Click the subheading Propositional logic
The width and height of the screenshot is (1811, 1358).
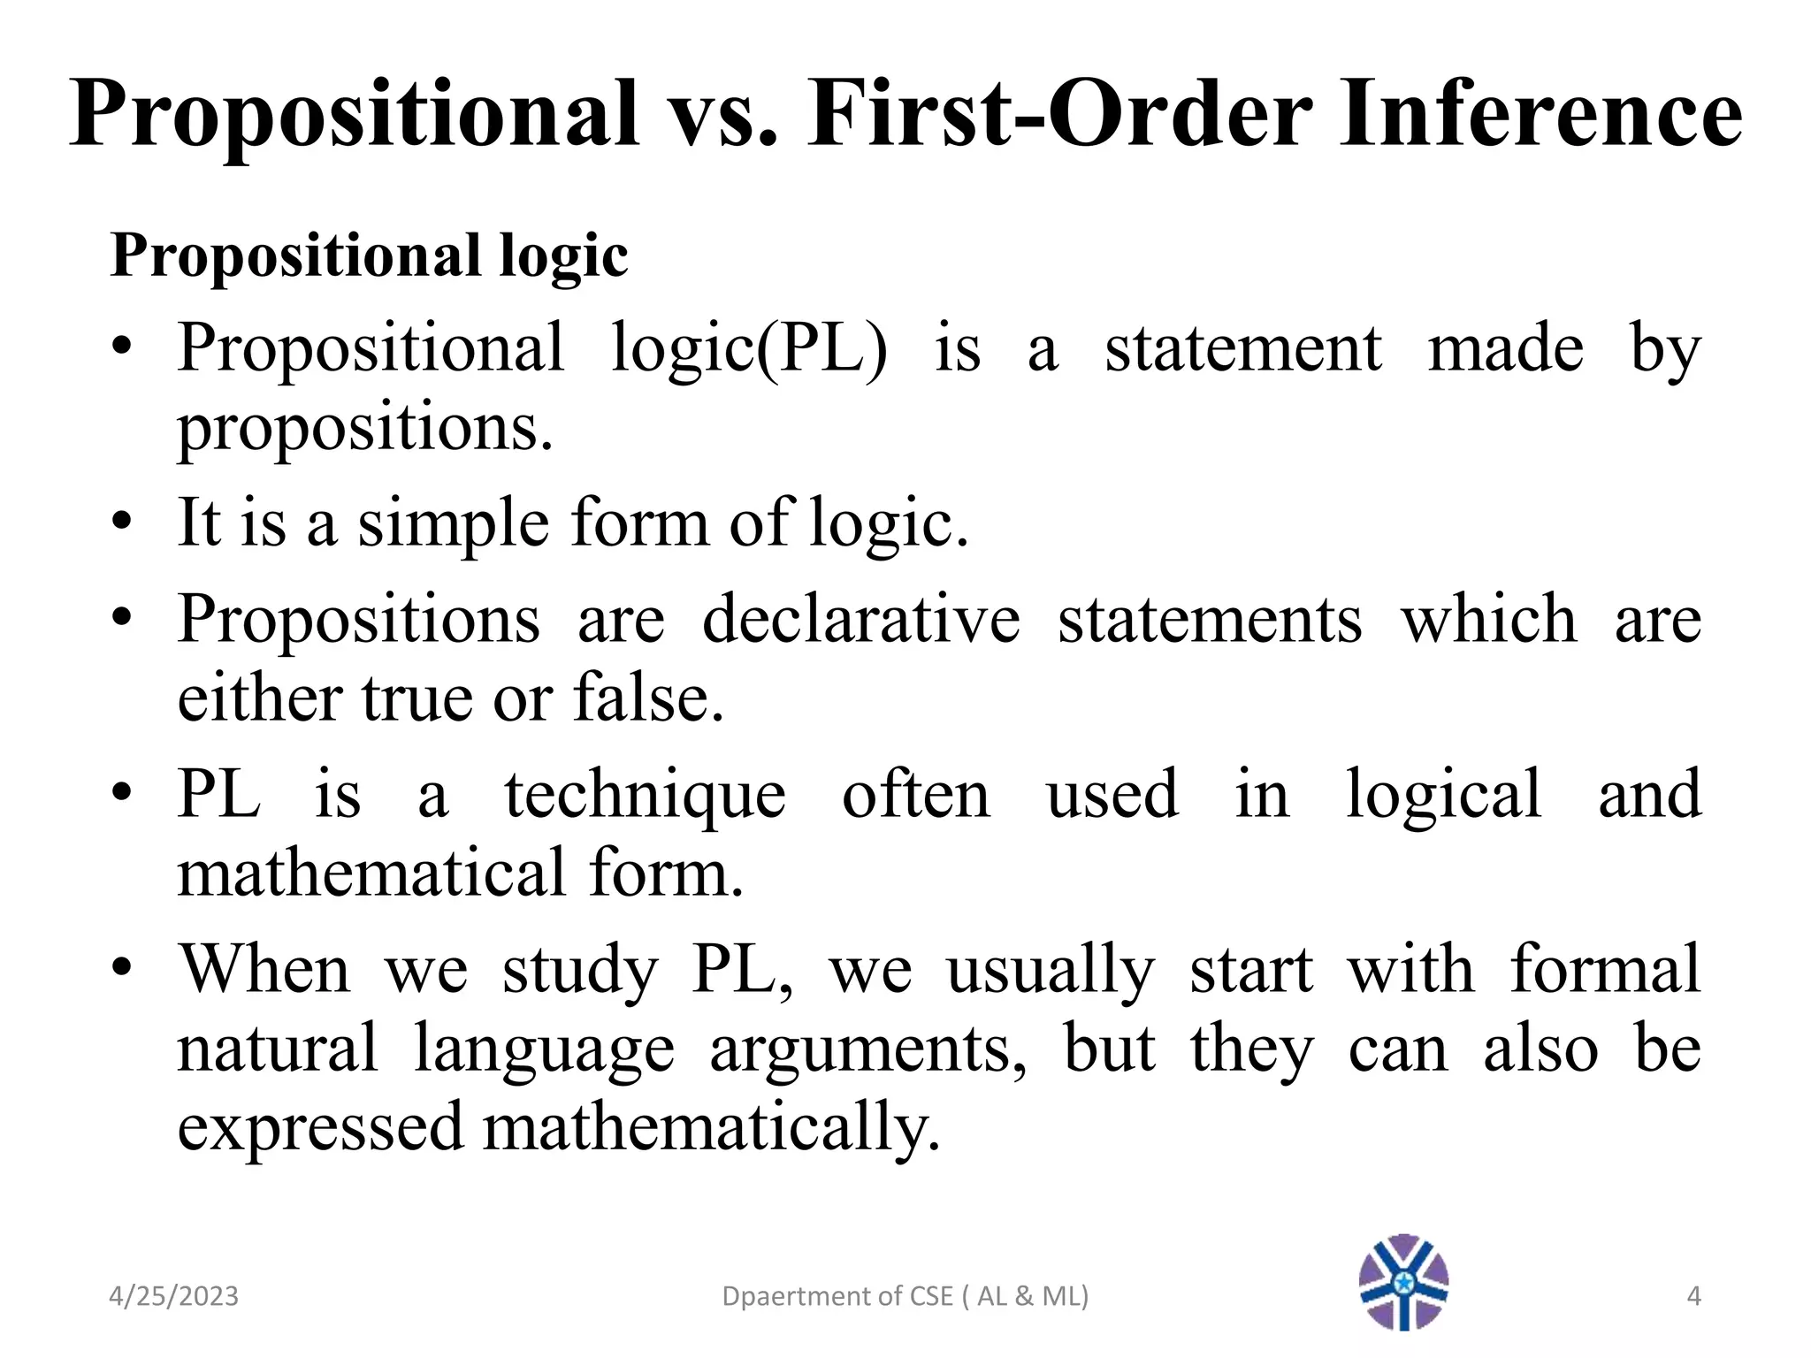(369, 256)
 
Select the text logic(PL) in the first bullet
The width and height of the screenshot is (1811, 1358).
(749, 348)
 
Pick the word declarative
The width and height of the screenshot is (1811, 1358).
(861, 618)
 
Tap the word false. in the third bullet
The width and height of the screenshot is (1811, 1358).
(649, 698)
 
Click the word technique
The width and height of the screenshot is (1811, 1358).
(645, 795)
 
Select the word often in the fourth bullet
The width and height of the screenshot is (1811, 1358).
(916, 793)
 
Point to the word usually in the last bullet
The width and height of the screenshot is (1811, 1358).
(1051, 970)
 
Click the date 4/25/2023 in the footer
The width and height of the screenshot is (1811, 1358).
(173, 1296)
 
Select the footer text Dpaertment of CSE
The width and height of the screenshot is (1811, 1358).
(837, 1296)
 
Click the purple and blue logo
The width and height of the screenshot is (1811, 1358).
(1403, 1282)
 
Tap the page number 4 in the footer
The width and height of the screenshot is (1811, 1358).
(1693, 1296)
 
